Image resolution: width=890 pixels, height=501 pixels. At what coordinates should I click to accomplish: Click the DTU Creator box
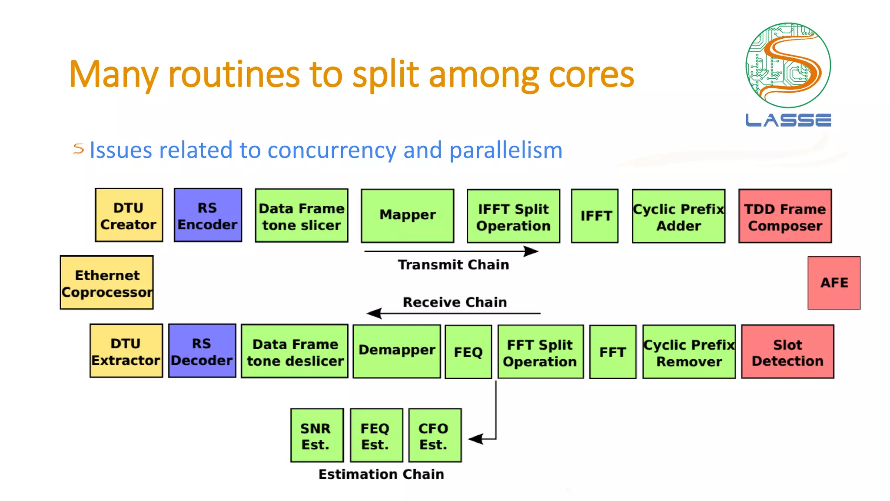coord(129,215)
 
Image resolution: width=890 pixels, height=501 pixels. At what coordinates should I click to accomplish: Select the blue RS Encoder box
coord(208,215)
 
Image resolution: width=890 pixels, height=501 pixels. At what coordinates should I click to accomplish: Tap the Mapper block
coord(408,216)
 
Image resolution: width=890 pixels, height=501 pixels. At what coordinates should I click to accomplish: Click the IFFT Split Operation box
coord(513,216)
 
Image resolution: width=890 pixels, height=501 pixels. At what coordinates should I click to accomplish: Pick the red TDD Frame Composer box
coord(785,216)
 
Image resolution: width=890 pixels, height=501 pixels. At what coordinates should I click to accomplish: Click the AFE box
coord(834,283)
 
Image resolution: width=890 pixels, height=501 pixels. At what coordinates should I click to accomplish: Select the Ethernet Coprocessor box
coord(107,283)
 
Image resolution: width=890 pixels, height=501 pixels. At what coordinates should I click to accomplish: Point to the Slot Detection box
coord(787,352)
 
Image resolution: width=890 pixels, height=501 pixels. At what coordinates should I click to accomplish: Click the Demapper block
coord(396,351)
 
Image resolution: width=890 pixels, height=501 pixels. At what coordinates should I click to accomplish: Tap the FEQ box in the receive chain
coord(468,352)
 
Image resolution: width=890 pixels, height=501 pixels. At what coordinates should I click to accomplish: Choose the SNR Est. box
coord(317,435)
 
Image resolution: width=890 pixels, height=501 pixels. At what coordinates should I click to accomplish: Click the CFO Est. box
coord(435,435)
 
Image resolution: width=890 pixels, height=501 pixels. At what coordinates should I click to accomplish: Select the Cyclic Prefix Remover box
coord(689,352)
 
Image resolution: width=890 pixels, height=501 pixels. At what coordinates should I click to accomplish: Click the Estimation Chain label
coord(381,474)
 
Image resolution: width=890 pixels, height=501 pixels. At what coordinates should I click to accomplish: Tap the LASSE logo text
coord(788,120)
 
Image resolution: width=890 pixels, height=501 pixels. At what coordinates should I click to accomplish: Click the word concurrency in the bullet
coord(332,150)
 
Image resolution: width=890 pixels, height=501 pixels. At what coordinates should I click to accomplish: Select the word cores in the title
coord(591,75)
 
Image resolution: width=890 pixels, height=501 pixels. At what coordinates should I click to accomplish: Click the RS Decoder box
coord(202,351)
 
